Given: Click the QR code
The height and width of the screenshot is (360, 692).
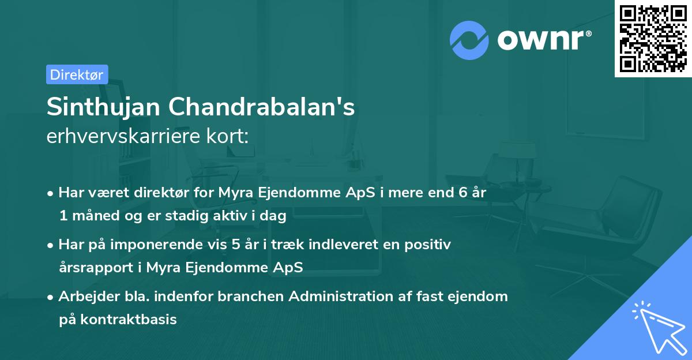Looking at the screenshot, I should click(x=653, y=39).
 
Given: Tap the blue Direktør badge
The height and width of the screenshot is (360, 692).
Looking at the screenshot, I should click(x=77, y=74).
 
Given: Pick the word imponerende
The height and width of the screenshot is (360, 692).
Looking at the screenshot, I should click(x=180, y=244).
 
